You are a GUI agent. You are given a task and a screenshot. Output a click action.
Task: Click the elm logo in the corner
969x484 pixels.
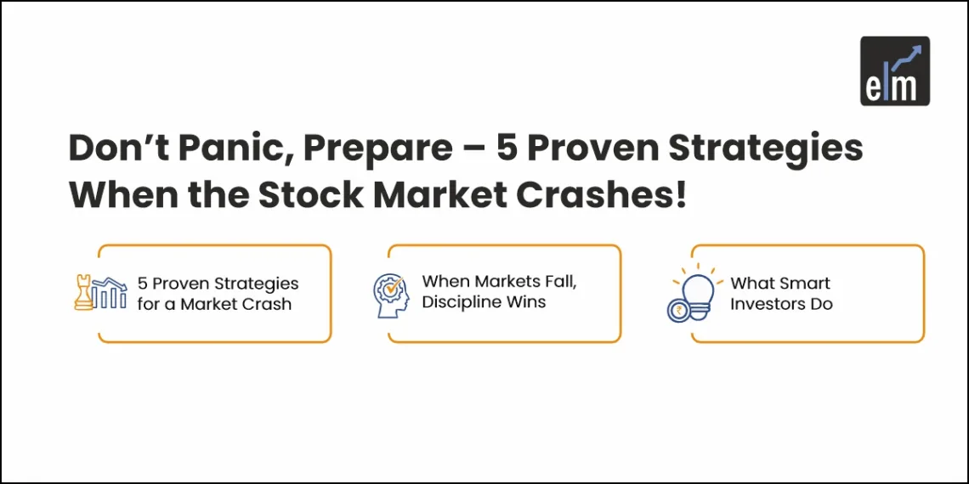point(895,71)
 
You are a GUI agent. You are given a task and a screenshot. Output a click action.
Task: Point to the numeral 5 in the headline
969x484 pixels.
point(507,149)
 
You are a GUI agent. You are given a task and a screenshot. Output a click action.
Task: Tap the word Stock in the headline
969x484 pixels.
point(309,195)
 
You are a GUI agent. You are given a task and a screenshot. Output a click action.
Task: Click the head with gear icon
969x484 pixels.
point(391,293)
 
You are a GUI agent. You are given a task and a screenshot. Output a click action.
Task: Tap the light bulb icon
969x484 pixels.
point(699,289)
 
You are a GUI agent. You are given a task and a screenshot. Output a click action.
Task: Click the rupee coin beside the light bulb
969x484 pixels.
point(679,309)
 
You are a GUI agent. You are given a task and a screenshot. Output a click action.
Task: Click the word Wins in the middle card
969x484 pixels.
point(526,302)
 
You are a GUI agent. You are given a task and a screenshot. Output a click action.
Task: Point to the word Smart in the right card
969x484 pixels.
point(803,283)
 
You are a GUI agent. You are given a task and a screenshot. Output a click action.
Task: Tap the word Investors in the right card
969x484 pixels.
point(767,304)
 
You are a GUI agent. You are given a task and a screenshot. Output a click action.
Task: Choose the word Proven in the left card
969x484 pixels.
point(181,283)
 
